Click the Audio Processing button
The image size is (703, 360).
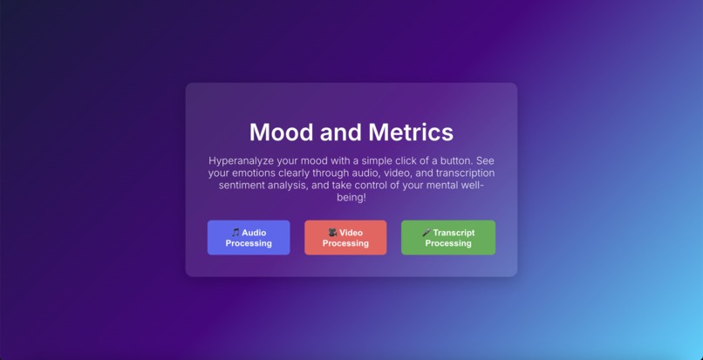(249, 238)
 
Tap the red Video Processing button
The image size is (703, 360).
(345, 238)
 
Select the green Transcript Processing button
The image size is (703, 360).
(448, 238)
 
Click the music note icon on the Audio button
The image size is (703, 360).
(235, 233)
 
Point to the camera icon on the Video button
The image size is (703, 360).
(332, 233)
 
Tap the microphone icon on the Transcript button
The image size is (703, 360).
(427, 233)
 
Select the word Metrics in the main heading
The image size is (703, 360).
(411, 132)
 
